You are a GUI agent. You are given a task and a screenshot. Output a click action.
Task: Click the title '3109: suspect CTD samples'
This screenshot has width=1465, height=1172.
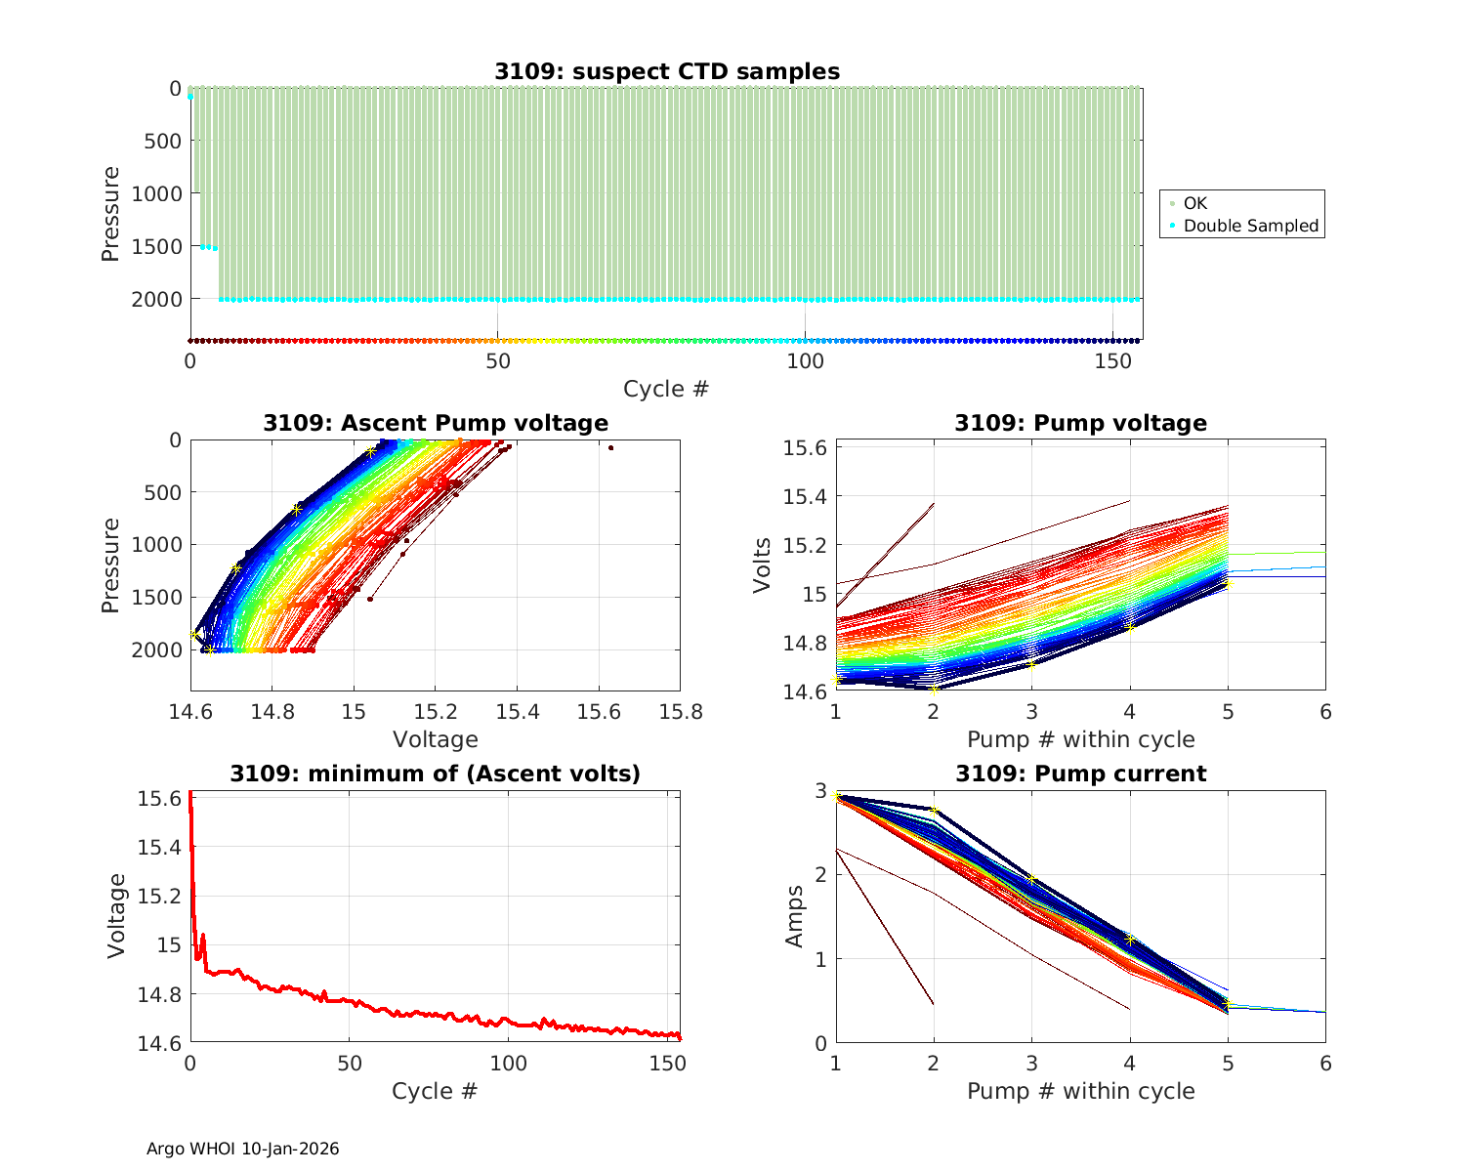point(666,71)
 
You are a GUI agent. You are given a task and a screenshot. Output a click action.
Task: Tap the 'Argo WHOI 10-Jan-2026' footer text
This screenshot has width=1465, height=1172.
point(242,1149)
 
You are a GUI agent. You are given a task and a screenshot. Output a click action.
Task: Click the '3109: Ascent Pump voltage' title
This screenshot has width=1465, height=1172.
point(436,423)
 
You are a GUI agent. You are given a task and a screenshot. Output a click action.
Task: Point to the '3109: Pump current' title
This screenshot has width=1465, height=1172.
point(1080,774)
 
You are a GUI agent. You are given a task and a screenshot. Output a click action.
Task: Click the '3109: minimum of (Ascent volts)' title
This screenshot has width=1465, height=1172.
point(436,774)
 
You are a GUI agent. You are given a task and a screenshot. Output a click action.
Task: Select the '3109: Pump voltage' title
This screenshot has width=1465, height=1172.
point(1080,423)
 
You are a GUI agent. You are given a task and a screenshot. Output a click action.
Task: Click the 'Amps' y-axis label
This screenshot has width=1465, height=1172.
point(796,916)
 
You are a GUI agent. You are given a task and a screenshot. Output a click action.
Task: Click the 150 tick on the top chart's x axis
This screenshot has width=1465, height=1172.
point(1112,361)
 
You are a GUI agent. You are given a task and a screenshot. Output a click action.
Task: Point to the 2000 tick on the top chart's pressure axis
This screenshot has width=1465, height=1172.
point(156,299)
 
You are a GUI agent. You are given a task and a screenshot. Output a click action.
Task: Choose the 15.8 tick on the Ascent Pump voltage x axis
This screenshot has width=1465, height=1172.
point(680,712)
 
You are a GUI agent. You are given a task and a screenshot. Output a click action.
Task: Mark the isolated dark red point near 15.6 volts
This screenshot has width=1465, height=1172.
point(610,447)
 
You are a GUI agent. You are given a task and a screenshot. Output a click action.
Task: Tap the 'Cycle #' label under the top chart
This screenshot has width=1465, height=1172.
point(666,389)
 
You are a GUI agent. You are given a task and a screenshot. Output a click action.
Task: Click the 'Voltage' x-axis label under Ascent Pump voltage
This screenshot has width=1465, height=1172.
point(436,739)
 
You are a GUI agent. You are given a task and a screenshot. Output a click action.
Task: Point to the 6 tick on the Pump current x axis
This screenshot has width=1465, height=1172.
point(1325,1063)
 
